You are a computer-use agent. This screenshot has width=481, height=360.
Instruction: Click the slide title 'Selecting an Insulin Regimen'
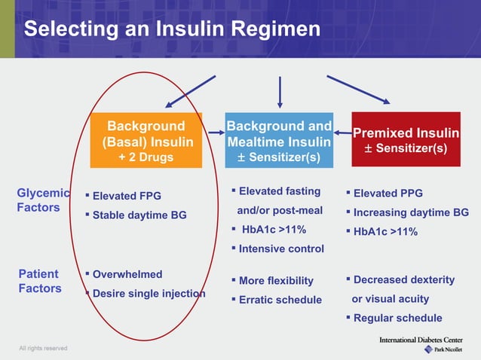tap(172, 29)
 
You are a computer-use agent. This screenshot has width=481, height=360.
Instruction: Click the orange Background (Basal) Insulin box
tap(146, 140)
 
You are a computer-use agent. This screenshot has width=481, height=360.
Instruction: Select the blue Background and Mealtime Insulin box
tap(279, 140)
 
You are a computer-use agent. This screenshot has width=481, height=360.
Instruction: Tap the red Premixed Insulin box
tap(406, 140)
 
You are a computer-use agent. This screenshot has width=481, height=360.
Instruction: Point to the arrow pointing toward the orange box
tap(191, 92)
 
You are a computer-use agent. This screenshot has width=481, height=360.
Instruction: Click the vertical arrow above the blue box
tap(280, 92)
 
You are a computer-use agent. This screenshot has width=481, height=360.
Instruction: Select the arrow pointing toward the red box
tap(359, 90)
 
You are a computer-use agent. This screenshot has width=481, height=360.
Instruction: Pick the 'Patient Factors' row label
tap(39, 281)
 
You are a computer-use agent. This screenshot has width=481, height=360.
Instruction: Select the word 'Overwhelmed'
tap(127, 274)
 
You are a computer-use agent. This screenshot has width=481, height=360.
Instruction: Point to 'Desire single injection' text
tap(149, 293)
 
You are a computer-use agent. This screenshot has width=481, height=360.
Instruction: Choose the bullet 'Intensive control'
tap(281, 248)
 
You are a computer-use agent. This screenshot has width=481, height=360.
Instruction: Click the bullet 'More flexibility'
tap(276, 281)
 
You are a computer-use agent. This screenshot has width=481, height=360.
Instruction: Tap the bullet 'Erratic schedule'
tap(280, 300)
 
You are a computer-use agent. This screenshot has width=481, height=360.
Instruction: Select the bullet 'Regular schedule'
tap(397, 318)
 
